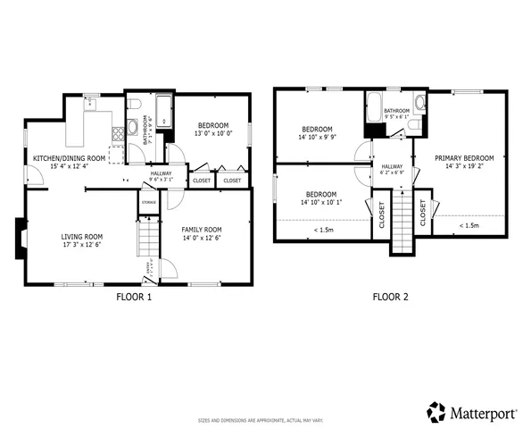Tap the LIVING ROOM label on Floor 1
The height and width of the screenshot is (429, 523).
click(x=82, y=237)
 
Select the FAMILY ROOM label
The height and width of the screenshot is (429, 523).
click(x=202, y=229)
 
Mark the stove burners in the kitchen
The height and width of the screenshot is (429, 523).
click(x=116, y=134)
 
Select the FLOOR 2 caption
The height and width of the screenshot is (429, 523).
click(x=390, y=298)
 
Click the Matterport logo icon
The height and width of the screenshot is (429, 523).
click(x=436, y=412)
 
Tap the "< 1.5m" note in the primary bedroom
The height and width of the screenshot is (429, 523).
click(x=468, y=226)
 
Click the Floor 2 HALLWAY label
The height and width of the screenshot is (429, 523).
click(x=393, y=166)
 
